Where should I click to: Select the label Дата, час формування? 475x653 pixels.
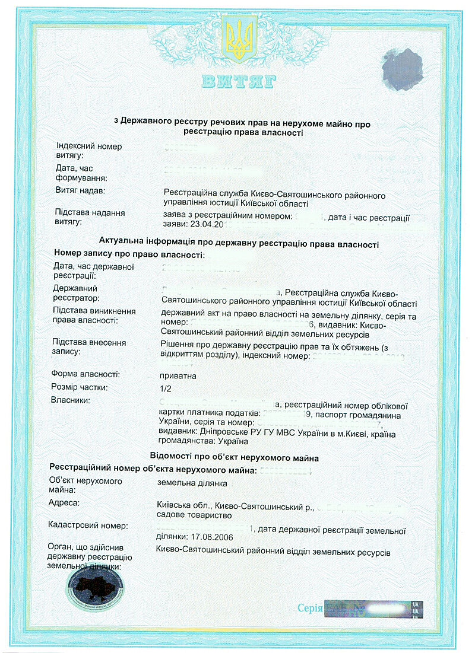point(81,173)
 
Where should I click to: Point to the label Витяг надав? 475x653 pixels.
point(80,192)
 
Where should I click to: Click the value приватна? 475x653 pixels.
point(178,376)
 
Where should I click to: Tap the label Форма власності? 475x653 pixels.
point(85,375)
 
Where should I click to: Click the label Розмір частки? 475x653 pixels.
point(79,388)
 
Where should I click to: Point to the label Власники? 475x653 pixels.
point(71,401)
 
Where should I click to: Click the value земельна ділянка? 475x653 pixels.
point(192,483)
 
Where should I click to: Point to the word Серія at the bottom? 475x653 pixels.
point(310,608)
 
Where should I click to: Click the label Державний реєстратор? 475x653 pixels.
point(80,292)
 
